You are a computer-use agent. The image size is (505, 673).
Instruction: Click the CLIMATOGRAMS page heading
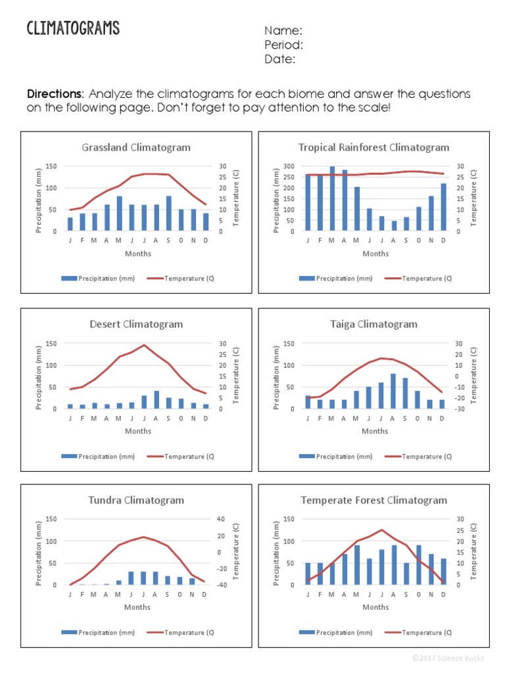(73, 28)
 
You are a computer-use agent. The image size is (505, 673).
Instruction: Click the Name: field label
(283, 31)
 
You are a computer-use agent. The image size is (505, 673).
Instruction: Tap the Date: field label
(280, 59)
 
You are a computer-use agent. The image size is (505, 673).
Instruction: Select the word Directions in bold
(55, 94)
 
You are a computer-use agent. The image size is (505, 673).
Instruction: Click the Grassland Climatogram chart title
(136, 147)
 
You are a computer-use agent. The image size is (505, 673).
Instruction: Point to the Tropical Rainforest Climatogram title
(373, 147)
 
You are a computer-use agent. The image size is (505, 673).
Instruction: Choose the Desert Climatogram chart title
(136, 324)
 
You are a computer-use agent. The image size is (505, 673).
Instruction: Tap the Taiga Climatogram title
(373, 324)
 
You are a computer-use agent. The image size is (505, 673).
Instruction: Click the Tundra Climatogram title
(136, 500)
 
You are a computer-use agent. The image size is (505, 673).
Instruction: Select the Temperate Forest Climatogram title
(373, 500)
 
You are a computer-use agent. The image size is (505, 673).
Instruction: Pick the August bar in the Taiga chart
(393, 391)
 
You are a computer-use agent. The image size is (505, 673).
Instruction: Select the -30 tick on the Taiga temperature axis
(459, 409)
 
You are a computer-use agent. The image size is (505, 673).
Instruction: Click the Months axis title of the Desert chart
(138, 431)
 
